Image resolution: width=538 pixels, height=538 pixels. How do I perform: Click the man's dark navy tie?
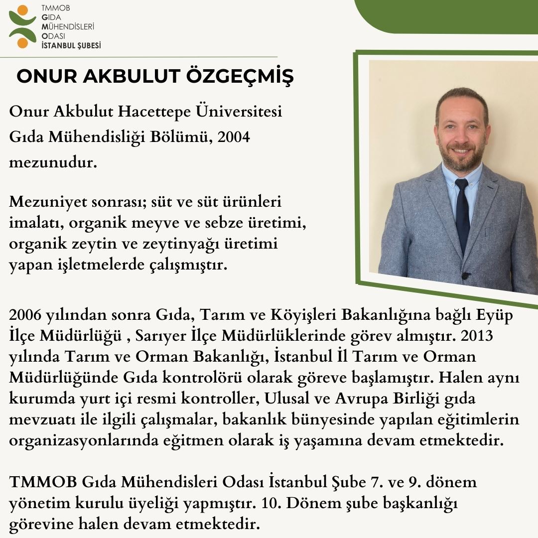click(x=462, y=214)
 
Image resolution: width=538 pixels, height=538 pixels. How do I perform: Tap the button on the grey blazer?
click(x=466, y=275)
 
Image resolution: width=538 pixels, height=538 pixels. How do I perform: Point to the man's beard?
click(x=461, y=157)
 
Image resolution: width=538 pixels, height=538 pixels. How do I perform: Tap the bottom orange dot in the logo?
click(x=22, y=43)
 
